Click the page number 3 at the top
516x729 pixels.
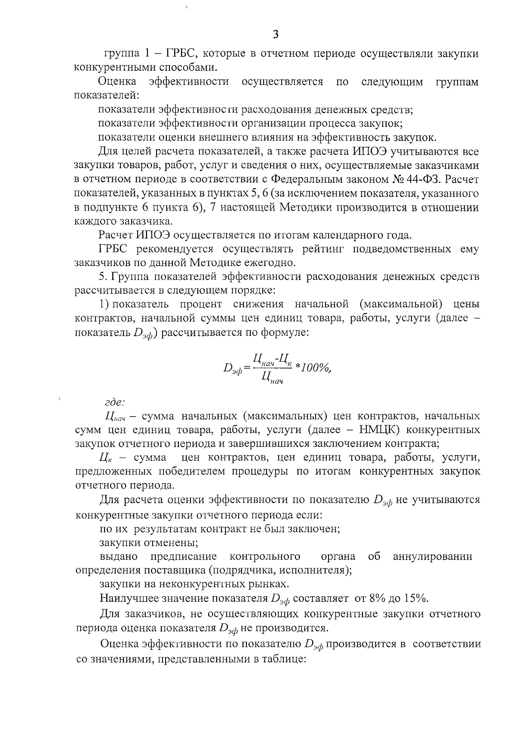pos(276,35)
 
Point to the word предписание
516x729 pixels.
pos(184,557)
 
